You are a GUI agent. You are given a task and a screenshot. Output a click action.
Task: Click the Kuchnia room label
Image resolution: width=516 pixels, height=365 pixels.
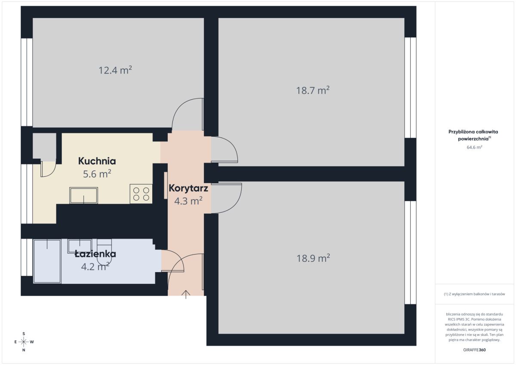click(x=97, y=161)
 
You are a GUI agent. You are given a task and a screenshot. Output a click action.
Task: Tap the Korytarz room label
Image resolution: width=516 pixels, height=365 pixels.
click(x=188, y=188)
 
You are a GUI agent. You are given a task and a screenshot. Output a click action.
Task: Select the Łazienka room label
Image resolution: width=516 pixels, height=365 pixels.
click(x=95, y=254)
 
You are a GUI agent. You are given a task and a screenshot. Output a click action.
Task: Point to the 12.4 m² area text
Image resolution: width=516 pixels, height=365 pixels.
click(x=115, y=70)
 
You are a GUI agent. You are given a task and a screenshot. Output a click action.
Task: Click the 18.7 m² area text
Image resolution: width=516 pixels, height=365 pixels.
click(x=313, y=90)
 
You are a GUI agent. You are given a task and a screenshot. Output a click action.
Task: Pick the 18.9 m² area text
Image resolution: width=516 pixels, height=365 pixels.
click(x=313, y=258)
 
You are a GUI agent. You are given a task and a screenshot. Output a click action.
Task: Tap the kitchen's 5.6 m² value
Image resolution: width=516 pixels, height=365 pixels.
click(x=97, y=174)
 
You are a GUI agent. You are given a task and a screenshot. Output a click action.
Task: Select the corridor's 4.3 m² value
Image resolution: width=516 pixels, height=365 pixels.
click(x=188, y=201)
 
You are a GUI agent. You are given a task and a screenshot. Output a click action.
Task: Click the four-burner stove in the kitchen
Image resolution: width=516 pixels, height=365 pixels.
click(x=141, y=193)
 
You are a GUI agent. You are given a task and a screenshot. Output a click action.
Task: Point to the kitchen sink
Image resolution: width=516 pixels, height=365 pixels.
click(x=83, y=195)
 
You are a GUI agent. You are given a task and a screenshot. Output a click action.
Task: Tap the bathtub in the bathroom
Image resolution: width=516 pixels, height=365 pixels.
click(x=47, y=261)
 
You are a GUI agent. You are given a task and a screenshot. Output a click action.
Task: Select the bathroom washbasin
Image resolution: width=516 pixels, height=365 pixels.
click(x=80, y=246)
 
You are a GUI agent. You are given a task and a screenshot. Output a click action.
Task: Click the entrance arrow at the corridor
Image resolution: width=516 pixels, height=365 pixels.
click(x=186, y=294)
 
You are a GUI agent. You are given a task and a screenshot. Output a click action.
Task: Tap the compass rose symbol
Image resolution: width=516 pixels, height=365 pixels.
click(x=24, y=342)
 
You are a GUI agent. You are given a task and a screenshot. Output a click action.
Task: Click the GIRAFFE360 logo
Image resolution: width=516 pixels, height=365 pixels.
click(x=474, y=350)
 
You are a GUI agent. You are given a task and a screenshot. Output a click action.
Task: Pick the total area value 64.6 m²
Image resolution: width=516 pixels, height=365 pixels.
click(x=474, y=147)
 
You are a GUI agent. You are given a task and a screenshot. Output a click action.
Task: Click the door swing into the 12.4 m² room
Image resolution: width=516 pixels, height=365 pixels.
click(x=188, y=114)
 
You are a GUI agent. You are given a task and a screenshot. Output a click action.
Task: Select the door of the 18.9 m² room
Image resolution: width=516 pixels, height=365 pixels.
click(x=226, y=198)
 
